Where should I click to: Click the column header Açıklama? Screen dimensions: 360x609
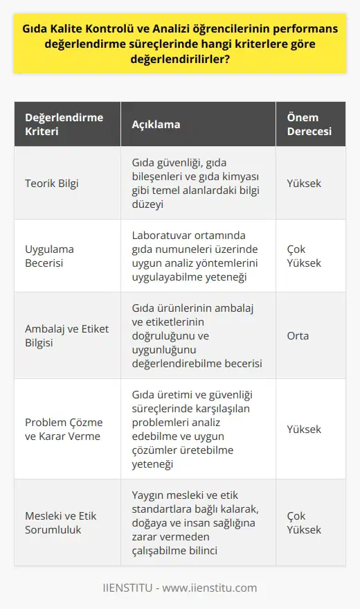156,125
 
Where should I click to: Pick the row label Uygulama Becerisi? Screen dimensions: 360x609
50,256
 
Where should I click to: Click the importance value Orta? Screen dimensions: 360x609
298,335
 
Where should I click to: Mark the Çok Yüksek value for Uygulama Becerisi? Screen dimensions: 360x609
304,256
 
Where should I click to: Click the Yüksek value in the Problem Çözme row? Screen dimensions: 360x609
304,429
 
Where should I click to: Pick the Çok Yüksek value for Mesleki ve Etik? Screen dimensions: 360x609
304,522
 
